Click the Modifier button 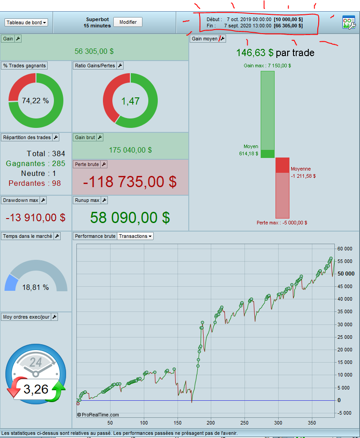click(128, 22)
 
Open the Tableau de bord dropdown click(26, 22)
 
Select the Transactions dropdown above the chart click(135, 236)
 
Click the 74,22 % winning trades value click(36, 101)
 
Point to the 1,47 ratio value click(130, 101)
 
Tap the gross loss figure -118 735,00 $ click(130, 182)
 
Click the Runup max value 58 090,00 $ click(130, 218)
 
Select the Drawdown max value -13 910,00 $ click(36, 218)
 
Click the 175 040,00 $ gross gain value click(130, 150)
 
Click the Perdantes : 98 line click(34, 183)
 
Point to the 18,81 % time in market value click(36, 287)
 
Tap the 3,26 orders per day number click(36, 389)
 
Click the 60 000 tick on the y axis click(345, 248)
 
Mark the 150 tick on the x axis click(178, 422)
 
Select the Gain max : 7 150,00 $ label click(267, 66)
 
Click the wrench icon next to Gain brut click(100, 137)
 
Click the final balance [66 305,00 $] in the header click(288, 26)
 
